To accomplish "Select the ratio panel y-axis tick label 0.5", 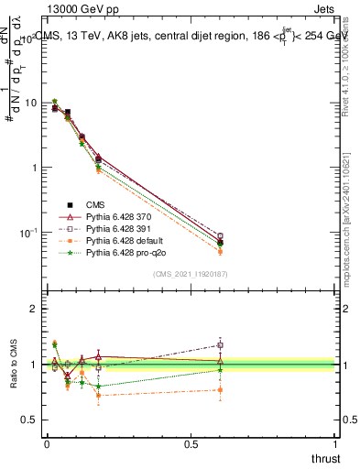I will [x=29, y=420].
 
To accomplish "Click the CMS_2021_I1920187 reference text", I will [x=191, y=274].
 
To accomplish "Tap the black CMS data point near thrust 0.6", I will [x=220, y=243].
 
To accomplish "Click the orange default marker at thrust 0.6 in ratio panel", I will [x=220, y=390].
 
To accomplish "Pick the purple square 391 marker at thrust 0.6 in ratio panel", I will [x=220, y=345].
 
